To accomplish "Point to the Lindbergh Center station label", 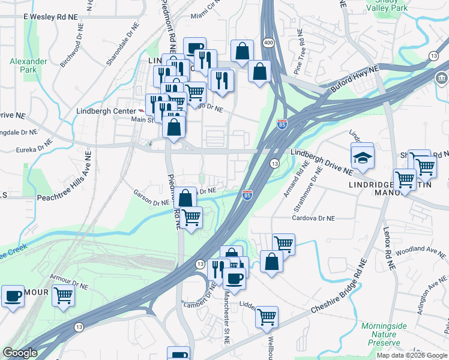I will coord(106,111).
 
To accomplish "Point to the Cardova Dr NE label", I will coord(313,218).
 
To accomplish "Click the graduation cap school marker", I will coord(362,158).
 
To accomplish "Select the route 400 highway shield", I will coord(268,42).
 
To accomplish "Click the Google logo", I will coord(20,353).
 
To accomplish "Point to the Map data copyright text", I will coord(412,355).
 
